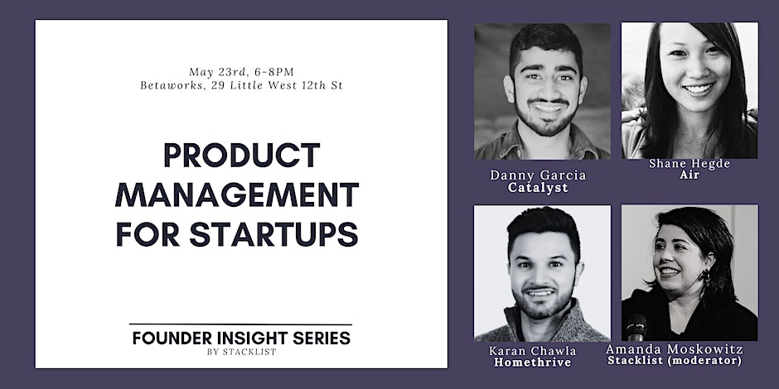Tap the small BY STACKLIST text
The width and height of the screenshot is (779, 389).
[241, 353]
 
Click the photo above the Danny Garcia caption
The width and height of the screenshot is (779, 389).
[542, 91]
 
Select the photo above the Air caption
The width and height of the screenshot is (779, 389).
[689, 89]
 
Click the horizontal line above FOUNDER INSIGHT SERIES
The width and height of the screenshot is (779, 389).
[241, 324]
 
